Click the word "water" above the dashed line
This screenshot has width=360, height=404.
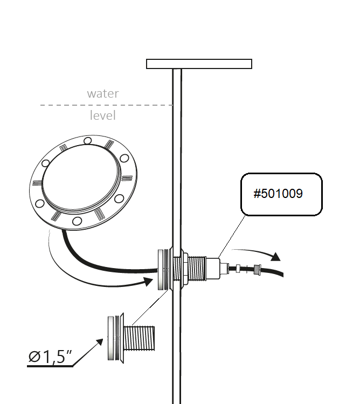(x=103, y=93)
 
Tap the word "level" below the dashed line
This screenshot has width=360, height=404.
(x=103, y=115)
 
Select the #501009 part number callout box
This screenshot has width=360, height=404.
(x=281, y=194)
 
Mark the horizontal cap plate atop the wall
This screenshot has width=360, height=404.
(x=199, y=64)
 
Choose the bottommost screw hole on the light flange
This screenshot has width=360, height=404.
(x=78, y=221)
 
